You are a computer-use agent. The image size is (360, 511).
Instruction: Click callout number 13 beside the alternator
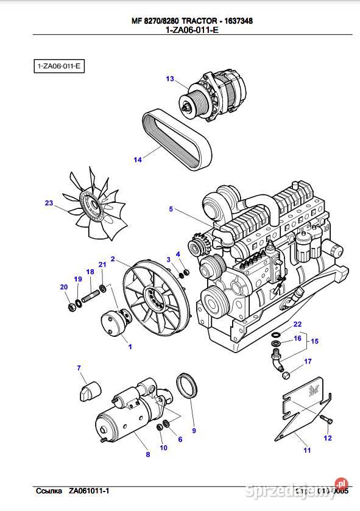click(x=170, y=79)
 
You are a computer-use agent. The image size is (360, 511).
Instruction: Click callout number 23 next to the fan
click(x=49, y=203)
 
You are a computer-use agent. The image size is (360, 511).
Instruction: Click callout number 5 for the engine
click(x=172, y=210)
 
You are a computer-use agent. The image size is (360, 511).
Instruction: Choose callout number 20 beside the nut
click(x=63, y=287)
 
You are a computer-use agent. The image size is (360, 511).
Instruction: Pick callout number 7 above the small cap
click(x=79, y=367)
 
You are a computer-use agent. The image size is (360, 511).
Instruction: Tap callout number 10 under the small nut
click(x=163, y=448)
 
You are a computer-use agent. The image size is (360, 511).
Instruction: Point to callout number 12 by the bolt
click(x=327, y=438)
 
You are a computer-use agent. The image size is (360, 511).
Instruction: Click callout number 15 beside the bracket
click(x=314, y=341)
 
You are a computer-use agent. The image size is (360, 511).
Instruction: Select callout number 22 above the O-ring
click(x=297, y=324)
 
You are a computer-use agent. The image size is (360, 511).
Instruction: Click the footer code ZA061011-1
click(x=90, y=490)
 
